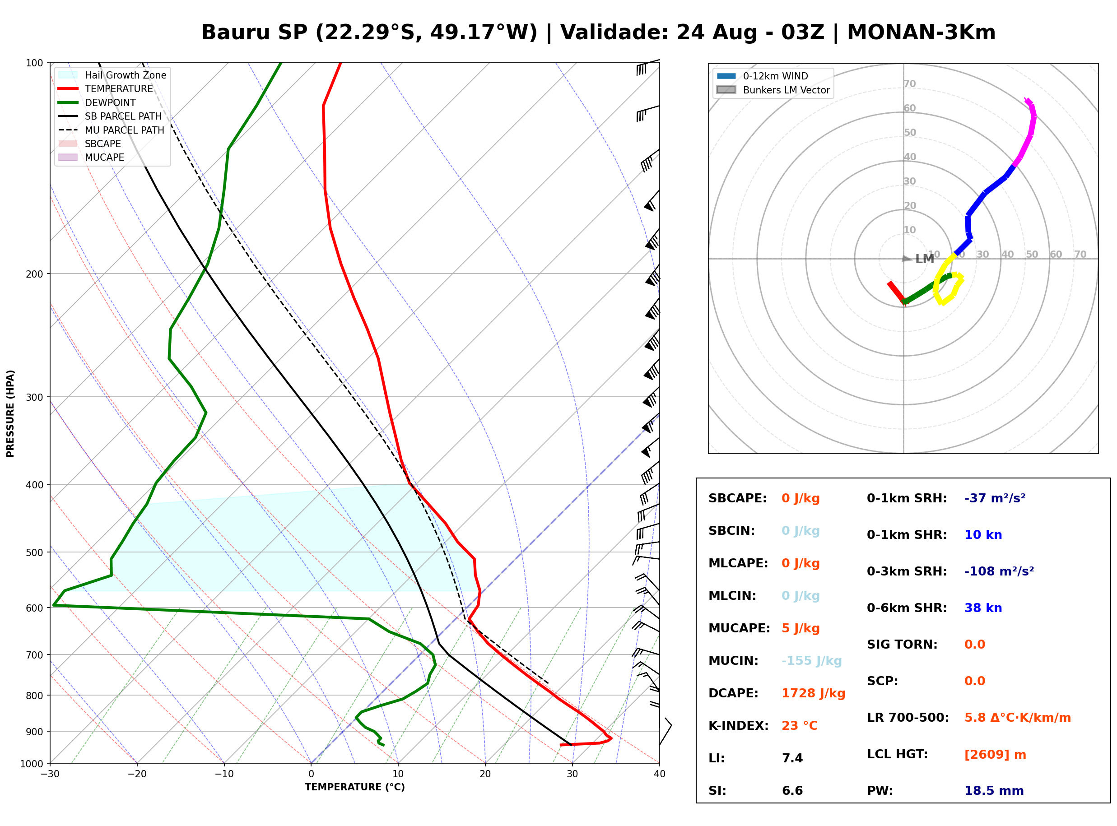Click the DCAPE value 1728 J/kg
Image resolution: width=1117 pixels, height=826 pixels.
click(813, 693)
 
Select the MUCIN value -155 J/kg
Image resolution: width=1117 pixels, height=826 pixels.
click(811, 661)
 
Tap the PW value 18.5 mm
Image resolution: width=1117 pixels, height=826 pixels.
click(994, 791)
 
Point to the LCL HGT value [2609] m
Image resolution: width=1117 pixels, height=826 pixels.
click(995, 755)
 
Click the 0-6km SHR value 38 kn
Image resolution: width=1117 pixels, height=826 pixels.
click(983, 608)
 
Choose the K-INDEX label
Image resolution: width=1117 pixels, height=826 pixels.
click(739, 726)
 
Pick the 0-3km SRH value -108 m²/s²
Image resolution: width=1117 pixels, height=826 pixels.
click(999, 571)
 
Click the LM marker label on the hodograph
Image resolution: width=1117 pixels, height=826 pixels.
click(925, 259)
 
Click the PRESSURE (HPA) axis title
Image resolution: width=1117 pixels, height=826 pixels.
click(10, 413)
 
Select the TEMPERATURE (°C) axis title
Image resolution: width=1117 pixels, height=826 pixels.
click(355, 787)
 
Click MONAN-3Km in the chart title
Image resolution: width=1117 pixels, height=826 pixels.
click(921, 32)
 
